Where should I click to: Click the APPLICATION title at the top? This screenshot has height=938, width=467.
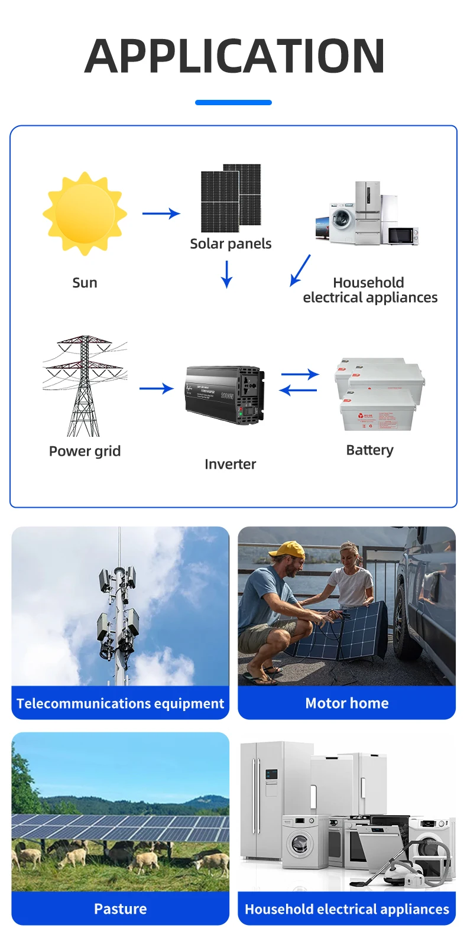(234, 56)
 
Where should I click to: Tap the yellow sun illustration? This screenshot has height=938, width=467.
(85, 213)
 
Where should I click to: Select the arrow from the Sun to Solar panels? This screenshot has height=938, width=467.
(161, 213)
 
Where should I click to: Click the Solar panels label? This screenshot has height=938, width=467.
(231, 244)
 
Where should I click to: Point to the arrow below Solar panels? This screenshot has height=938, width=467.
(226, 274)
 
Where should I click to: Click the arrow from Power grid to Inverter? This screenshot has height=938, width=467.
(156, 388)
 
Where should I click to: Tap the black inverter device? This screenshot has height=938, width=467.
(225, 395)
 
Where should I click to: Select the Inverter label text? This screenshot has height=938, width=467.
(230, 464)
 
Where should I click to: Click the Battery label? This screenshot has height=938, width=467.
(369, 450)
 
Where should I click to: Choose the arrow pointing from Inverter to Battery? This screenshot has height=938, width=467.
(300, 374)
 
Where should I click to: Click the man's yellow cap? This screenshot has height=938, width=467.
(287, 550)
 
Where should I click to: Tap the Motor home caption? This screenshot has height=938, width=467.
(347, 703)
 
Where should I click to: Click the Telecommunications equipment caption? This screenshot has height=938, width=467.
(121, 703)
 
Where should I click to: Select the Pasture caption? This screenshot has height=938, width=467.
(121, 908)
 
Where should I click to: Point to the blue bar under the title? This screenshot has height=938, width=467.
(234, 102)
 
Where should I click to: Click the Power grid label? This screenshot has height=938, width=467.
(85, 451)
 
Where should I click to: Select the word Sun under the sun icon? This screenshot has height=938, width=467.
(85, 283)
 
